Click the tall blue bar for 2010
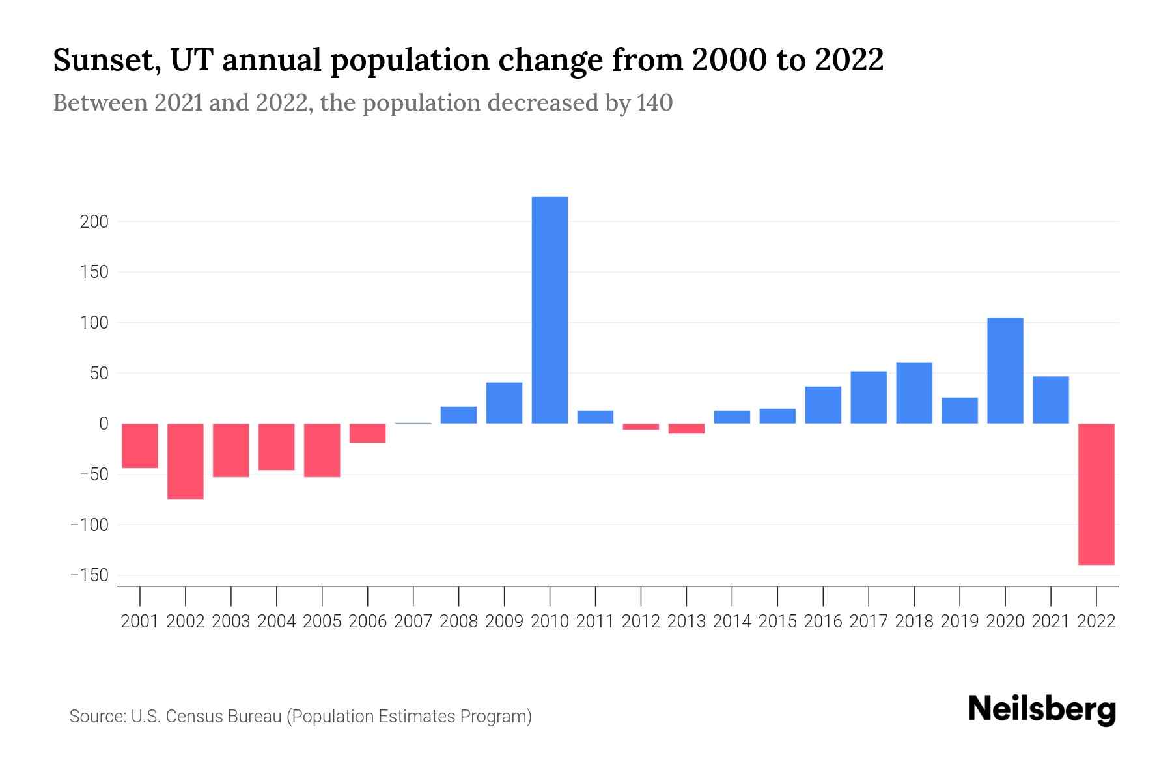pos(550,310)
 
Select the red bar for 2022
pos(1096,494)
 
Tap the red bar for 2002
pos(186,461)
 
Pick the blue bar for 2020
pos(1005,370)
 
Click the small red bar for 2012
pos(641,427)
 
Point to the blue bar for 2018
pos(914,393)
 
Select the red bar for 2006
pos(368,433)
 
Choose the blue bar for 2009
pos(504,403)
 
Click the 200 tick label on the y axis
pos(94,222)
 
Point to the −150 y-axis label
pos(90,575)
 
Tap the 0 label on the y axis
pos(104,424)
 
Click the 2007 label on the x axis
pos(413,622)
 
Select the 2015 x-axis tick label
pos(777,622)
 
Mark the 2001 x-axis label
pos(140,622)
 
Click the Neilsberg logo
pos(1042,709)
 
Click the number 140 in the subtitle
pos(654,103)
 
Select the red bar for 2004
pos(277,446)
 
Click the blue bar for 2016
pos(823,405)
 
